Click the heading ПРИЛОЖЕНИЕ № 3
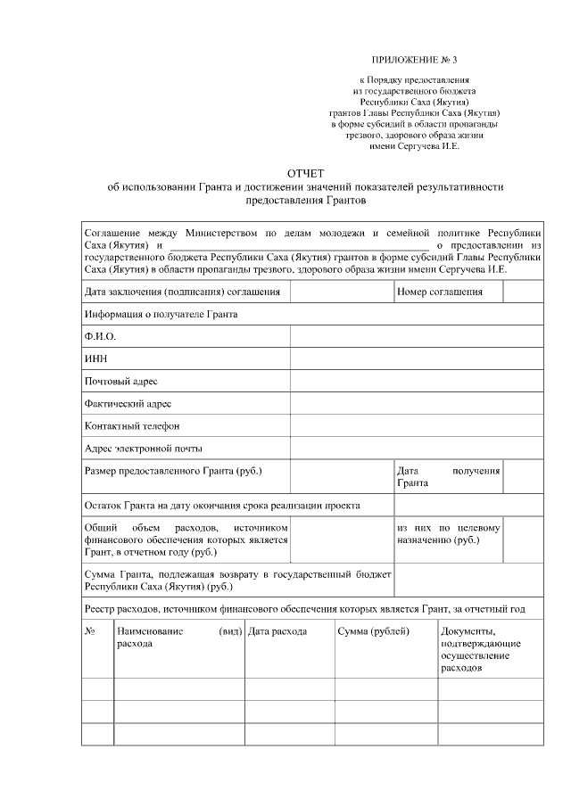point(415,60)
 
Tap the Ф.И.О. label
point(101,336)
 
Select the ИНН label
point(96,358)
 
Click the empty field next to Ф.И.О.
point(416,336)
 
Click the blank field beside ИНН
point(416,358)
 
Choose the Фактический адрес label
point(128,403)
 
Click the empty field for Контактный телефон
point(416,425)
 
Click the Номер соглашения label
point(440,292)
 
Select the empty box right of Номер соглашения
point(523,292)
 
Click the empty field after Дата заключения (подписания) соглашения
point(342,292)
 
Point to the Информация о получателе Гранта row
point(161,314)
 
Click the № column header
point(90,631)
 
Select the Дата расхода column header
point(277,631)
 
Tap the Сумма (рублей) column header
point(373,631)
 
